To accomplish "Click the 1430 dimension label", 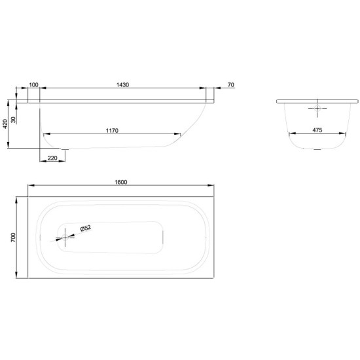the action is pos(122,84).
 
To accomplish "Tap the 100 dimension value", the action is pos(33,84).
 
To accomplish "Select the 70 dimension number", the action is pos(231,84).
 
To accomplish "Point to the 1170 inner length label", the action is pos(112,131).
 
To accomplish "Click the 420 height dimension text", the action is pos(5,124).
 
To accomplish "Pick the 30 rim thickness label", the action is pos(13,120).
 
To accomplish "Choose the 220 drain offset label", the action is pos(52,158).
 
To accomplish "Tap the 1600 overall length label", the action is pos(121,182).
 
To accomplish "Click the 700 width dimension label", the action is pos(13,237).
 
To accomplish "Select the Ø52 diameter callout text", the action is pos(85,228).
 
